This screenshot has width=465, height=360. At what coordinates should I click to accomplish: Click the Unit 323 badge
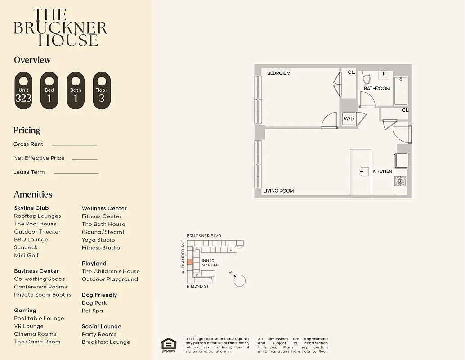coord(23,90)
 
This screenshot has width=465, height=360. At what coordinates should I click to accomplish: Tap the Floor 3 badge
coord(102,90)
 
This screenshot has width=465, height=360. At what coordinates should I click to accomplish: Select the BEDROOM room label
coord(279,73)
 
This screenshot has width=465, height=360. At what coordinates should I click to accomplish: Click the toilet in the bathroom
coord(367,79)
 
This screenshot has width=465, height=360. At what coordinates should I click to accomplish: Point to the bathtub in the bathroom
coord(401,90)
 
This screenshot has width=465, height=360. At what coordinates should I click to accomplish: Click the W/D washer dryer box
coord(349,119)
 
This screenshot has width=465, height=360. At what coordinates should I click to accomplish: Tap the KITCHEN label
coord(382,171)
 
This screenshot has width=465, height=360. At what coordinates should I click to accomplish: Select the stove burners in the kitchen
coord(400,181)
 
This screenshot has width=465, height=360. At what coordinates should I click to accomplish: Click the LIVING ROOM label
coord(278,191)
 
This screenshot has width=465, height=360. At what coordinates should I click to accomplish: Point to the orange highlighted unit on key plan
coord(190,262)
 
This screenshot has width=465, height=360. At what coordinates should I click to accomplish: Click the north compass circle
coord(240,281)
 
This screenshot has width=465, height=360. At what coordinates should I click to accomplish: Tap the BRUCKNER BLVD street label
coord(204,236)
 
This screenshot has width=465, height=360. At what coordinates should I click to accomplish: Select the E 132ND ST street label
coord(197,287)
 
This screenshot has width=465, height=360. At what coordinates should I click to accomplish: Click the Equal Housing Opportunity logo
coord(169,344)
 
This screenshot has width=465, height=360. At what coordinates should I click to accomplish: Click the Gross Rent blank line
coord(74,145)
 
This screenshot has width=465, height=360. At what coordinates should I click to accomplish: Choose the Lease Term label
coord(29,172)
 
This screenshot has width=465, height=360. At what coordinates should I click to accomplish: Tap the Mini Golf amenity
coord(27,255)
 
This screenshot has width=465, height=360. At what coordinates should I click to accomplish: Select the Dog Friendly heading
coord(99,295)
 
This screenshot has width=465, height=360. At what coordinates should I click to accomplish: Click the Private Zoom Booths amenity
coord(42,295)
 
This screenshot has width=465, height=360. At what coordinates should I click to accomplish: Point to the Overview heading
coord(32,60)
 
